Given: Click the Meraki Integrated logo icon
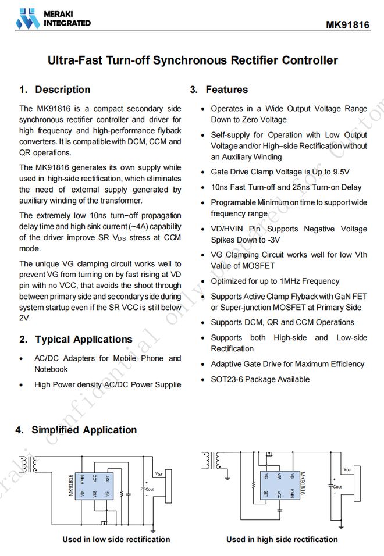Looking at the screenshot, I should pyautogui.click(x=28, y=19).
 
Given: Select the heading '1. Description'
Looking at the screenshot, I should pyautogui.click(x=55, y=90).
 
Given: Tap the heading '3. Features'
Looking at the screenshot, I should pyautogui.click(x=219, y=90).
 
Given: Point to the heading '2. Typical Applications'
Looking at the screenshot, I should pyautogui.click(x=76, y=339).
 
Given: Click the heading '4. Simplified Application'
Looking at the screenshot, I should pyautogui.click(x=76, y=430).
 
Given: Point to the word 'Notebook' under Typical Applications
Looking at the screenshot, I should pyautogui.click(x=51, y=369).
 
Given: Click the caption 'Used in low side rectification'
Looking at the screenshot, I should pyautogui.click(x=116, y=539).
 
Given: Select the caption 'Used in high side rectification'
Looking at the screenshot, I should pyautogui.click(x=282, y=539).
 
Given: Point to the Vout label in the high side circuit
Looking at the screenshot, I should pyautogui.click(x=347, y=469).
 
